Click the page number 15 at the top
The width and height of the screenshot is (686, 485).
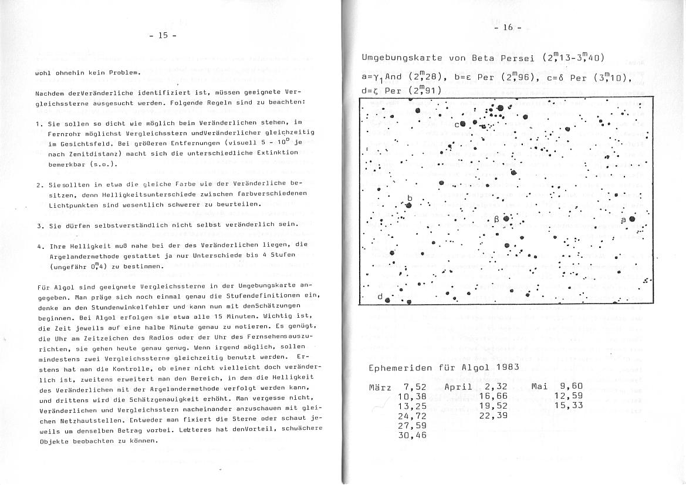tap(163, 35)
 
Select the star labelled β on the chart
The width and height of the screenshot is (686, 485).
tap(506, 220)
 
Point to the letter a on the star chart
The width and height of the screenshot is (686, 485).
tap(623, 220)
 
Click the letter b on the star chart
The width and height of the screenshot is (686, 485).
tap(410, 198)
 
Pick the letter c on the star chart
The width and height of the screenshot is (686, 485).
tap(456, 124)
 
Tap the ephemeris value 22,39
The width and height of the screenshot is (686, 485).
tap(493, 416)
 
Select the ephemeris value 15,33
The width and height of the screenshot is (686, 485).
tap(568, 406)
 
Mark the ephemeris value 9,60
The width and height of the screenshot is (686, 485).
tap(571, 386)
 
